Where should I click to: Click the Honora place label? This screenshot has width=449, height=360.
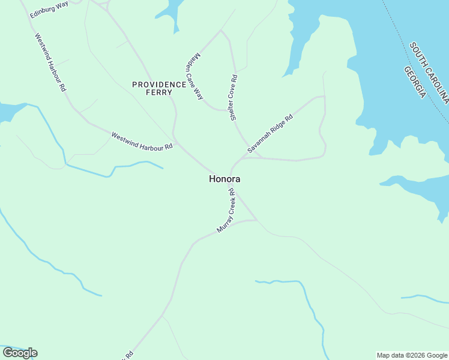(x=225, y=179)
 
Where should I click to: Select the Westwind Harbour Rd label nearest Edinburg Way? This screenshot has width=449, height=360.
(x=50, y=62)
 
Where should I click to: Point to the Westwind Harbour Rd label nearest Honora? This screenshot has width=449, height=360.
(x=142, y=142)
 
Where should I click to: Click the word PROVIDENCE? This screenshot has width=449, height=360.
(x=160, y=85)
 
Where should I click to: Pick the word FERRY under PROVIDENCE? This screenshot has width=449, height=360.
(x=159, y=92)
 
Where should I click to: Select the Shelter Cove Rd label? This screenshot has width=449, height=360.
(x=234, y=98)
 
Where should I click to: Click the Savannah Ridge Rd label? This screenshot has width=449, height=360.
(x=270, y=133)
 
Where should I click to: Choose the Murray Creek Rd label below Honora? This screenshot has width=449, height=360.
(x=226, y=211)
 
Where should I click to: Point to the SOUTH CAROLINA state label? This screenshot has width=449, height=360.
(x=429, y=71)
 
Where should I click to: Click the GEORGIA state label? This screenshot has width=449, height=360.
(x=415, y=83)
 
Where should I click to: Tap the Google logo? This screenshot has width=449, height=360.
(x=20, y=353)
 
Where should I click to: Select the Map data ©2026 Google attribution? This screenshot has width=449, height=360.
(x=412, y=355)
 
